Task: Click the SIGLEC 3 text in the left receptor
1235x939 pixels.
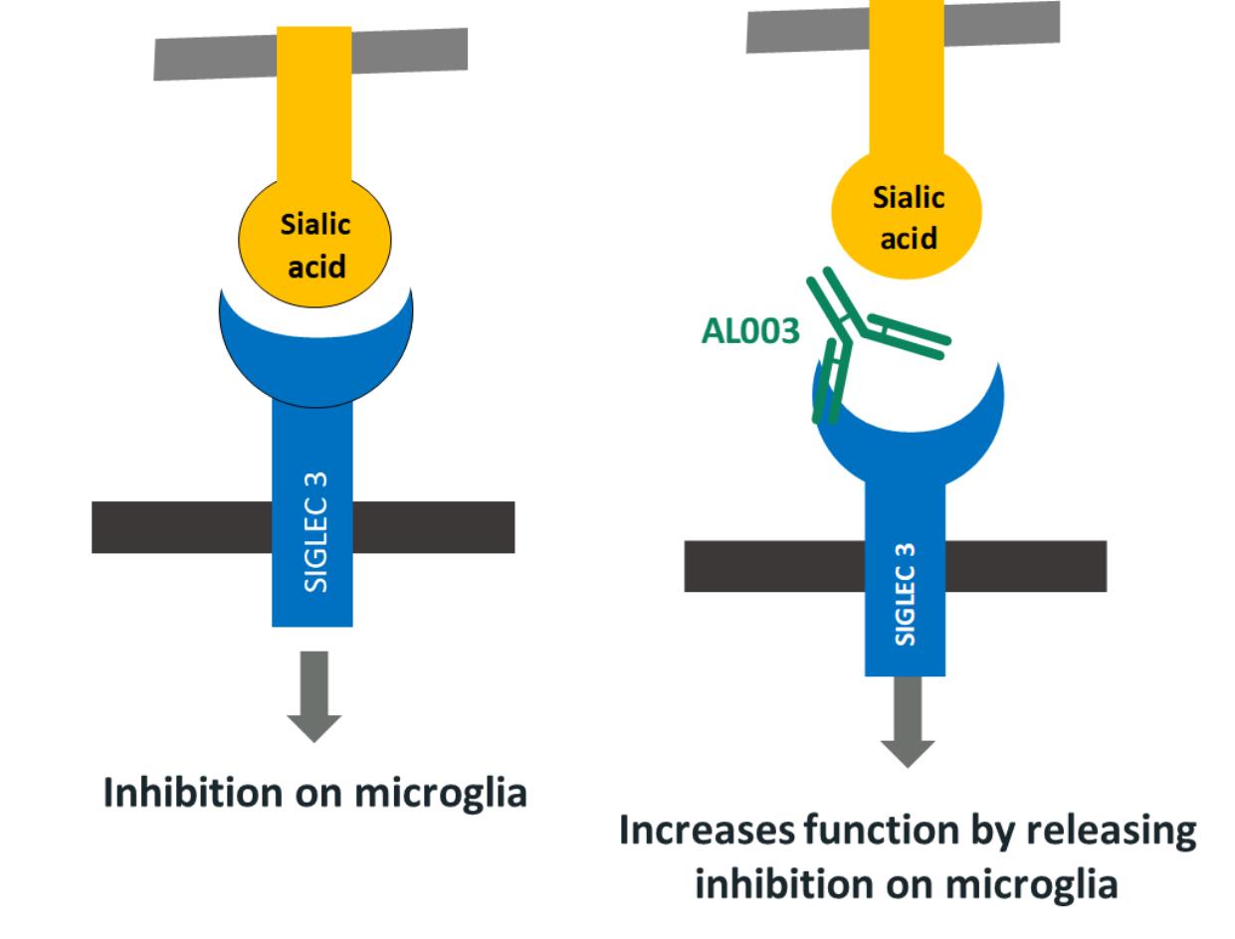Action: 314,532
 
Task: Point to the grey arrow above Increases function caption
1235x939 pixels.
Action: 907,721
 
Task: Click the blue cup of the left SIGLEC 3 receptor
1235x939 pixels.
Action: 314,353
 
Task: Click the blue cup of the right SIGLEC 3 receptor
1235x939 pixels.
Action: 907,438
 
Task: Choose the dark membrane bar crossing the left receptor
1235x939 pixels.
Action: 179,527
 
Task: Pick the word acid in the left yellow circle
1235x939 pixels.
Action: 314,267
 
